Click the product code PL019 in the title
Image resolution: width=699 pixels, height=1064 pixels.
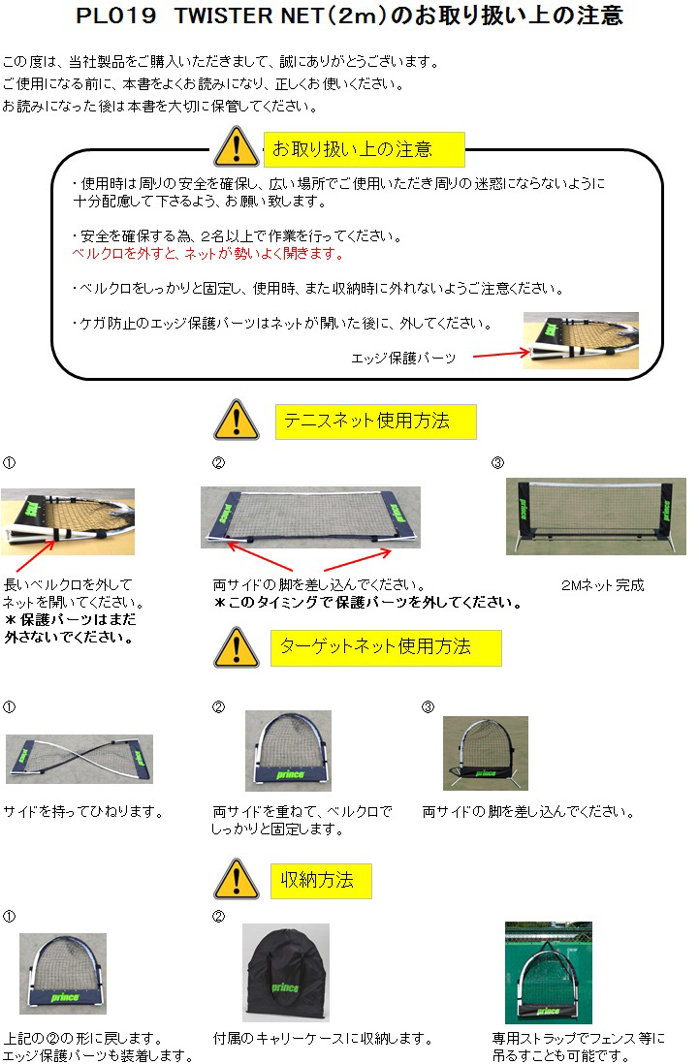115,16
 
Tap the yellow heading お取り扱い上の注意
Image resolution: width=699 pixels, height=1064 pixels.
364,149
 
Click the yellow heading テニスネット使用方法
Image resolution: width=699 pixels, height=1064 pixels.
376,422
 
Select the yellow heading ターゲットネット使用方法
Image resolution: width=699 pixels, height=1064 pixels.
386,647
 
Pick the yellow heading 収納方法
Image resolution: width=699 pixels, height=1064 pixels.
321,881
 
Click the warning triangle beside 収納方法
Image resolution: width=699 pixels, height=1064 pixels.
237,880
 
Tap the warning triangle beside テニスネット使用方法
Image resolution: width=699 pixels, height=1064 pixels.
237,420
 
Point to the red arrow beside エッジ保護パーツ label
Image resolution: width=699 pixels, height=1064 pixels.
501,354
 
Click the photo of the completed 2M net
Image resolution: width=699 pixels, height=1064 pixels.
596,516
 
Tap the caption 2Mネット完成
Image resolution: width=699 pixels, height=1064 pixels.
603,585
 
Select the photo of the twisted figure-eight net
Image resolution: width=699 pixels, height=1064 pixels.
79,759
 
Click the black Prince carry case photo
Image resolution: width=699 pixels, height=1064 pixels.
286,972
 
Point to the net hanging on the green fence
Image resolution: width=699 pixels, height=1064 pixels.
549,972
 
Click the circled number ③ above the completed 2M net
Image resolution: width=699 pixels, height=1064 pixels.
497,463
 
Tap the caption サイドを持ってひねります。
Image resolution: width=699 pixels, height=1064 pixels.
83,812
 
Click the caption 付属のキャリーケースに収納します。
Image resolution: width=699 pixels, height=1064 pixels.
323,1038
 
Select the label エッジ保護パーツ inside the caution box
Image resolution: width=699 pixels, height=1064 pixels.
403,358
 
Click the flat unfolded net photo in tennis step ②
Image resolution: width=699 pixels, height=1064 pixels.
310,517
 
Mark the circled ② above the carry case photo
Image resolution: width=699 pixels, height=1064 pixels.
218,917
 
